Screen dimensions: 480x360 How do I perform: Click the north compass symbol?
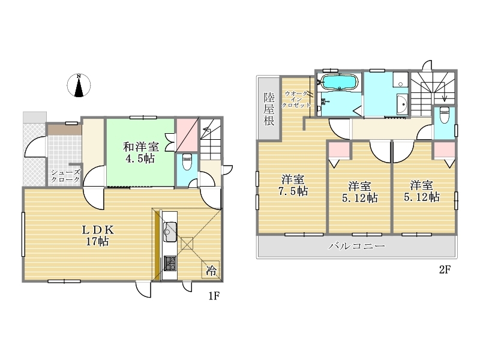coord(79,85)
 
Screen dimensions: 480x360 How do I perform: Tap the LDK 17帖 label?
coord(98,235)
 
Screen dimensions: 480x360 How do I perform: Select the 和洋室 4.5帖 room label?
coord(141,152)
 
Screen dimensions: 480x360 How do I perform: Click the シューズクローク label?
coord(65,176)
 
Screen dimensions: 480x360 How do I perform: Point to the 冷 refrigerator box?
coord(211,269)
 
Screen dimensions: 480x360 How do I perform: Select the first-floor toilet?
coord(187,162)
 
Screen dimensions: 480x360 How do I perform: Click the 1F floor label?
coord(214,296)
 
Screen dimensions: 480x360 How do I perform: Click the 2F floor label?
coord(445,269)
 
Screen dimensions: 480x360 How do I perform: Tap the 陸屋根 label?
coord(269,109)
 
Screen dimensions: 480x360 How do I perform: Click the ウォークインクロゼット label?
coord(296,99)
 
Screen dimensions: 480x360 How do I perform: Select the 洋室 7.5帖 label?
coord(293,185)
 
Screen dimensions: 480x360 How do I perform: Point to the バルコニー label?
coord(356,246)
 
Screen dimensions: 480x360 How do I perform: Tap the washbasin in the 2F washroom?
coord(402,104)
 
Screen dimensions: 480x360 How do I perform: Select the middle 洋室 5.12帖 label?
coord(359,192)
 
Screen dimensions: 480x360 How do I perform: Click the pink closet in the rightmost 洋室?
coord(445,150)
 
